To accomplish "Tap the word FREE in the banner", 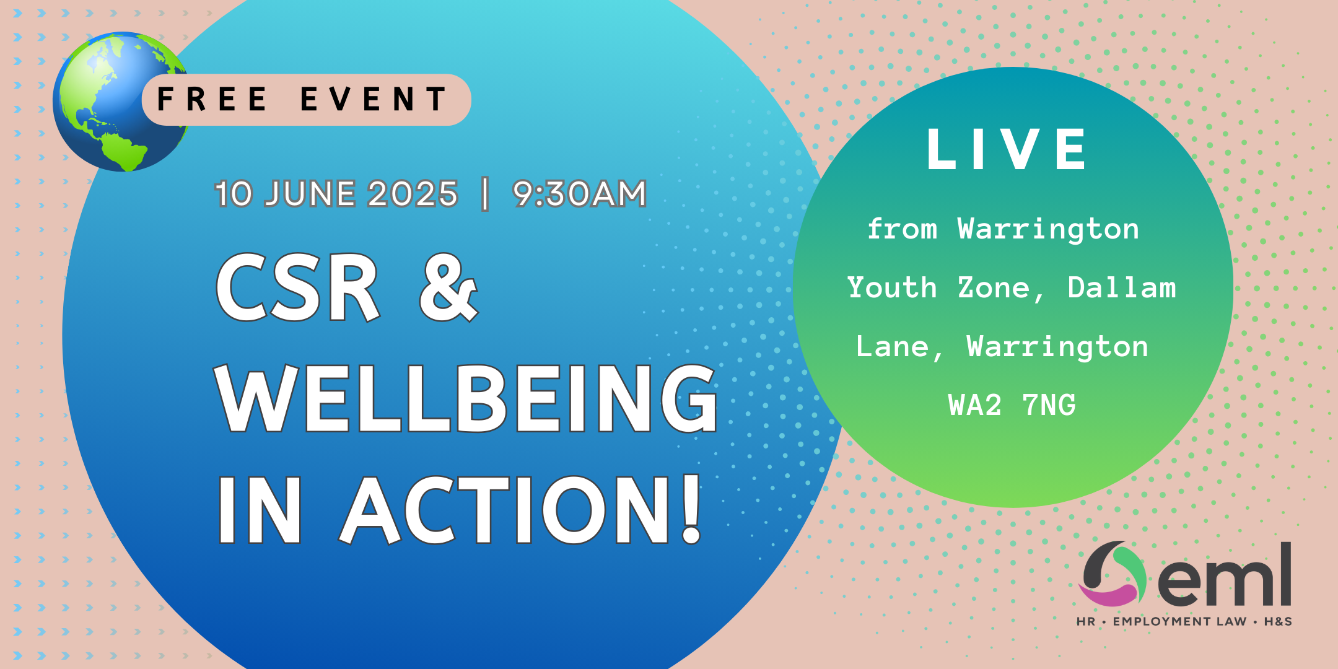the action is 212,99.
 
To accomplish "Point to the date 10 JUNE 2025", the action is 336,194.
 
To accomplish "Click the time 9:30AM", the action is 580,194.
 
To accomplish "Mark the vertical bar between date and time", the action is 485,194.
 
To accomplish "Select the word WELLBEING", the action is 466,398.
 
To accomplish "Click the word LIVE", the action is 1007,149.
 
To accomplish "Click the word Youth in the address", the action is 892,287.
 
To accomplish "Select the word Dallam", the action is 1122,287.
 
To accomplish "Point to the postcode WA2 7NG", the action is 1012,405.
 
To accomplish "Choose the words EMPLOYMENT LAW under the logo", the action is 1179,621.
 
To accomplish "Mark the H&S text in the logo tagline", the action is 1278,621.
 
